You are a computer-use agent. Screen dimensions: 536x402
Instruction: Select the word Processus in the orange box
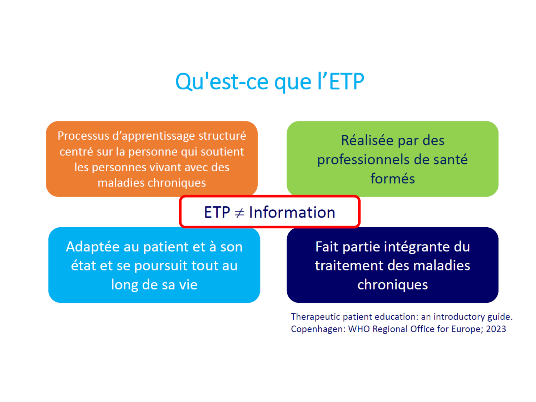(x=83, y=136)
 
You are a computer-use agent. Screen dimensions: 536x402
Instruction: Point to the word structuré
(x=222, y=136)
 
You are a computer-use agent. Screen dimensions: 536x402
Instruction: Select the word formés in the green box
(x=392, y=178)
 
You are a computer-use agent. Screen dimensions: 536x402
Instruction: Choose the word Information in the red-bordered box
(x=292, y=212)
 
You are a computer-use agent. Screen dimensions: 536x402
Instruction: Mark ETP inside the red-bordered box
(x=217, y=212)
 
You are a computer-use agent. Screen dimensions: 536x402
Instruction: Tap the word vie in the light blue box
(x=188, y=284)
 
